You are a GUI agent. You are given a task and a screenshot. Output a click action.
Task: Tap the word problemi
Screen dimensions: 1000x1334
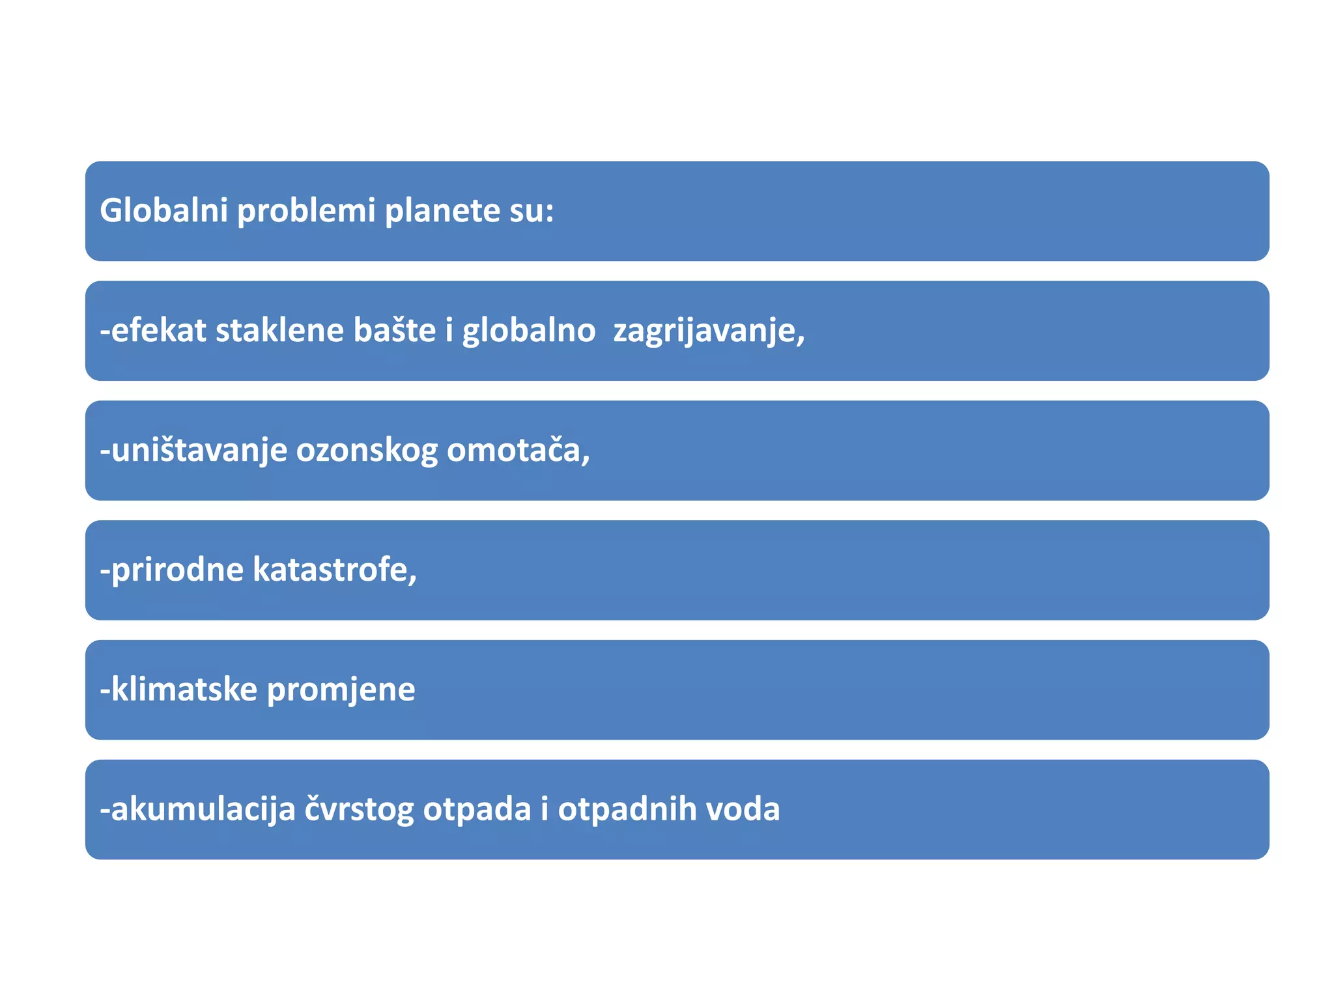(x=306, y=212)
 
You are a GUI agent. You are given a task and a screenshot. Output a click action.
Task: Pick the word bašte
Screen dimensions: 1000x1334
(x=394, y=330)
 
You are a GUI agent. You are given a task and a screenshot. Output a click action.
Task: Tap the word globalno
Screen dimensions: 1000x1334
(x=528, y=331)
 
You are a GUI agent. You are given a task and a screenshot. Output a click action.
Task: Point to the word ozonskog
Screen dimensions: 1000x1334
(x=367, y=451)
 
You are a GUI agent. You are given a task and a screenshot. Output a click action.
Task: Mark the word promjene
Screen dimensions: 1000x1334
(x=341, y=691)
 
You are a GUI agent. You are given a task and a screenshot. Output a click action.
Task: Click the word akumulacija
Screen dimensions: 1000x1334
(x=203, y=810)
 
